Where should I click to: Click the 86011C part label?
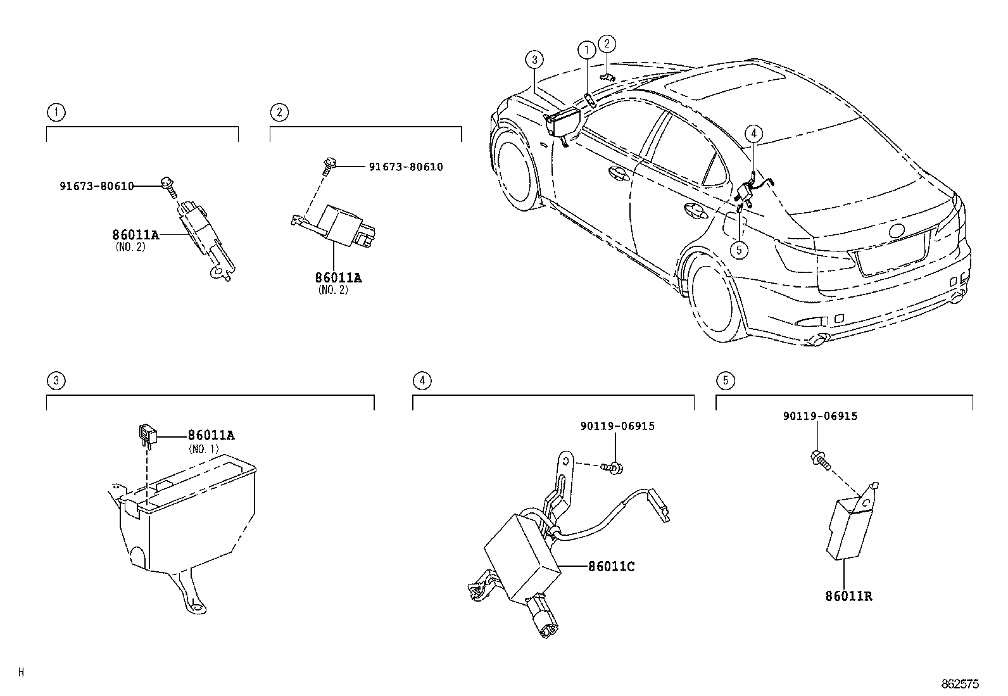[x=611, y=566]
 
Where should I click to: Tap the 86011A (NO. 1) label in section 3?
[x=211, y=435]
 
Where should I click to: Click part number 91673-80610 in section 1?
[x=97, y=186]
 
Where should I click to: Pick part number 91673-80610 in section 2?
[x=406, y=167]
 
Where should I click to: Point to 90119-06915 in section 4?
[x=617, y=426]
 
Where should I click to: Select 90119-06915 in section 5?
[x=820, y=416]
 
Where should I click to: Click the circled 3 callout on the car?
[x=534, y=60]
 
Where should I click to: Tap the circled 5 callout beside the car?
[x=738, y=250]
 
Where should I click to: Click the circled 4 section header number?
[x=422, y=381]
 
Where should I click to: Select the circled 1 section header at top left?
[x=56, y=113]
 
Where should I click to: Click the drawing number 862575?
[x=960, y=684]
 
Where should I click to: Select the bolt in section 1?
[x=168, y=184]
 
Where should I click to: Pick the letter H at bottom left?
[x=21, y=673]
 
